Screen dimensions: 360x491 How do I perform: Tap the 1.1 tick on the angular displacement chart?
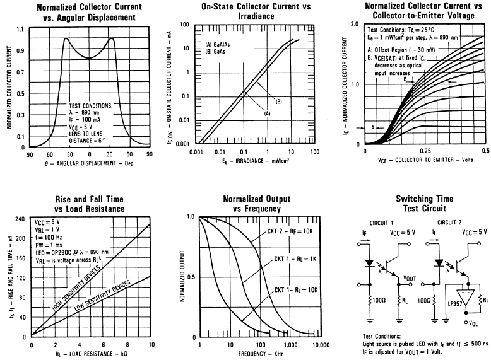click(x=20, y=29)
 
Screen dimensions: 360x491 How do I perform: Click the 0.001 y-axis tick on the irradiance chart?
click(x=183, y=144)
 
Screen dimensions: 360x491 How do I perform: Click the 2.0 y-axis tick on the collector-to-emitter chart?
click(x=354, y=23)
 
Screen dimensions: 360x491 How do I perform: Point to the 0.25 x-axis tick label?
click(x=425, y=152)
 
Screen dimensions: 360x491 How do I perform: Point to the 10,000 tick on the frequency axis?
click(x=321, y=346)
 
